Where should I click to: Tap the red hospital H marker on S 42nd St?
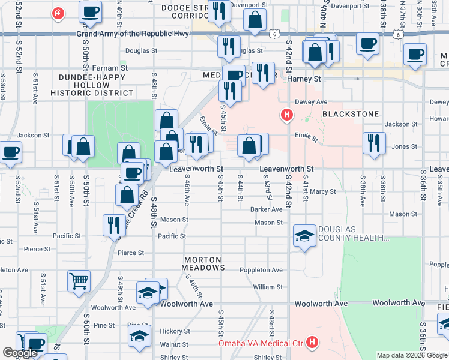pyautogui.click(x=288, y=115)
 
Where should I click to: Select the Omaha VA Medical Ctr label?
pyautogui.click(x=261, y=343)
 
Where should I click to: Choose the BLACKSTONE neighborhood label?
pyautogui.click(x=351, y=113)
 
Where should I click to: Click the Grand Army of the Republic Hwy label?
pyautogui.click(x=133, y=34)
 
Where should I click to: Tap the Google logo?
pyautogui.click(x=19, y=353)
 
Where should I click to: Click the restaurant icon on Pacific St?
pyautogui.click(x=113, y=225)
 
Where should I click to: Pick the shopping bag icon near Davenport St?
pyautogui.click(x=255, y=20)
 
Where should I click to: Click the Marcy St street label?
pyautogui.click(x=323, y=192)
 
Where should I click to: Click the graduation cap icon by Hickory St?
pyautogui.click(x=139, y=336)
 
